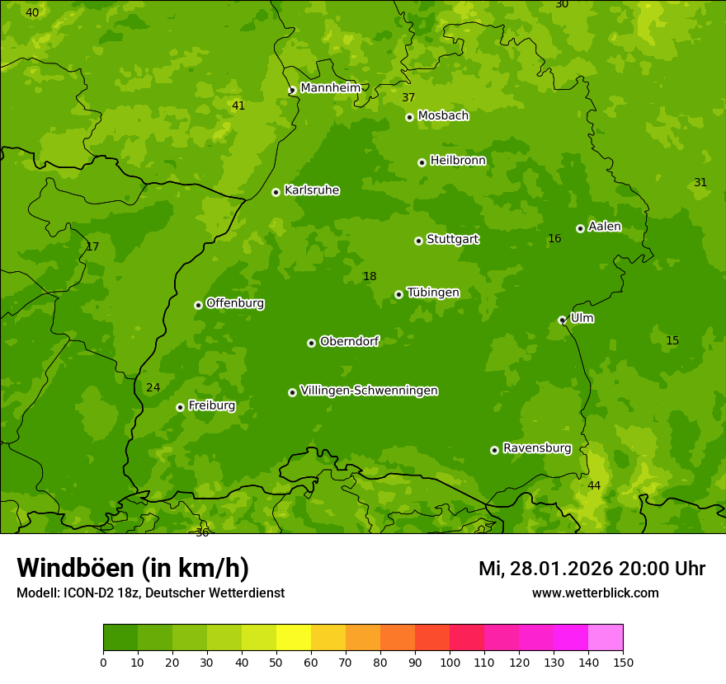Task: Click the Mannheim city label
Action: (x=331, y=88)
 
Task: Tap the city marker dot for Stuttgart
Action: (x=419, y=241)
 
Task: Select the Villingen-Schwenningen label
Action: (x=369, y=391)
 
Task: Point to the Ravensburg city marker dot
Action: (x=495, y=450)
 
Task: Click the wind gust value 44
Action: (x=594, y=485)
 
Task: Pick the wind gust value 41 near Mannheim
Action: (x=238, y=105)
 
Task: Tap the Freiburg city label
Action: (x=211, y=405)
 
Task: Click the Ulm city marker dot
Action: (x=563, y=320)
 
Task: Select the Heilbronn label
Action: (x=458, y=161)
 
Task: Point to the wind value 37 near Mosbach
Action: (x=408, y=97)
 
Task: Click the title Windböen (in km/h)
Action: (x=133, y=568)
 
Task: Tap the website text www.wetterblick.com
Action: (x=595, y=593)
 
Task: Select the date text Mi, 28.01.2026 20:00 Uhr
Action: (x=592, y=569)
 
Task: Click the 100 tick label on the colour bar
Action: (x=450, y=662)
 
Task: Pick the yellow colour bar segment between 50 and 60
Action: (x=294, y=638)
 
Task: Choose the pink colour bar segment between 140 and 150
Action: (x=606, y=638)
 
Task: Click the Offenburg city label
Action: (x=235, y=303)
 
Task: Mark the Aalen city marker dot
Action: (x=581, y=228)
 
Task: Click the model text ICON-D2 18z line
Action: (x=150, y=593)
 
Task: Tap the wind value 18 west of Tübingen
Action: (x=370, y=276)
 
